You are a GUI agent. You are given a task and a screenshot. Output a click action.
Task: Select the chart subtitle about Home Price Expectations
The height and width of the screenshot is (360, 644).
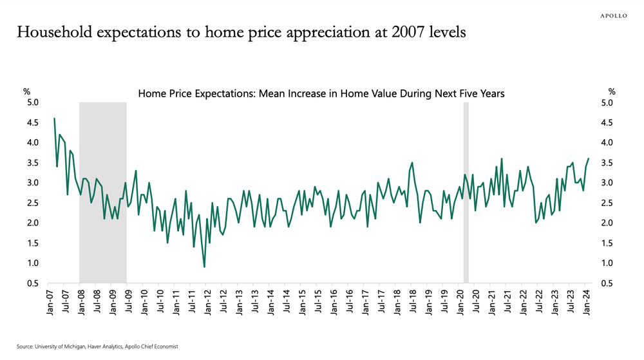pos(321,94)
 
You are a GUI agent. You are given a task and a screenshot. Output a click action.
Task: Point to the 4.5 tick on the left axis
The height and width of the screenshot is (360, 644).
pos(32,123)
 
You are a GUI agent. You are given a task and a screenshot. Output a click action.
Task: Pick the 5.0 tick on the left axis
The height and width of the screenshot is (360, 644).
pos(32,103)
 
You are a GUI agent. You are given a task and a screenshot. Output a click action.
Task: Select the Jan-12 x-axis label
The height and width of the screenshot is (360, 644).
pos(209,303)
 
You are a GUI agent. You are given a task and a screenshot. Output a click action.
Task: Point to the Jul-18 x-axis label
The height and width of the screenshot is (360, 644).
pos(413,303)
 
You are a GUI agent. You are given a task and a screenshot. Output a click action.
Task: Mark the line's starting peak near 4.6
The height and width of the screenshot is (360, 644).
pos(54,118)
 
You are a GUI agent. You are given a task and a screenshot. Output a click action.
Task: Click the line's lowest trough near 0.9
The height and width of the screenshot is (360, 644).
pos(204,267)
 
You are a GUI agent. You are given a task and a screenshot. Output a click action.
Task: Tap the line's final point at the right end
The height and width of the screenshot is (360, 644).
pos(588,159)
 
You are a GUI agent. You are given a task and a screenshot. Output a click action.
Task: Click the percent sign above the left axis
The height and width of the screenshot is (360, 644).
pos(27,91)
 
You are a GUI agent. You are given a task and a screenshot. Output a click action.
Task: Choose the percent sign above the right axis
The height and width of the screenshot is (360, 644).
pos(612,91)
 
